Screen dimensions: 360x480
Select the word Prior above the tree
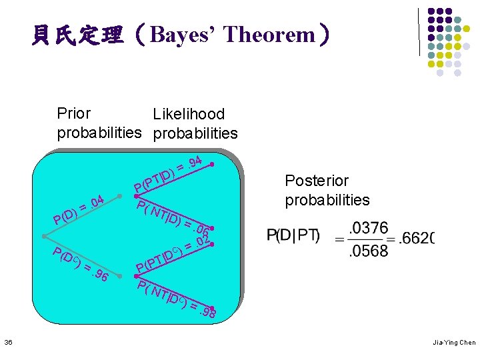74,114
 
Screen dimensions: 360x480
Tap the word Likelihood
189,115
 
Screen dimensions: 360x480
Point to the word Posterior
317,181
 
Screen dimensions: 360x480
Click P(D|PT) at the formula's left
294,236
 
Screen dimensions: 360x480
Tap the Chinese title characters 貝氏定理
78,35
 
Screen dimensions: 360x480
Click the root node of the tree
43,237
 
